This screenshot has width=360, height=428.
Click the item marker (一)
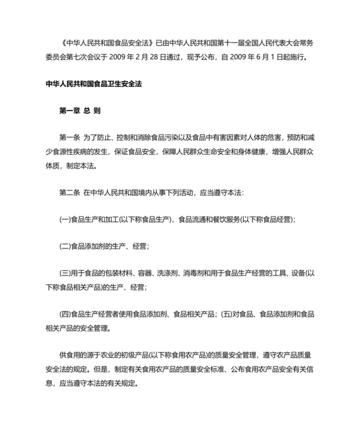point(64,219)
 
